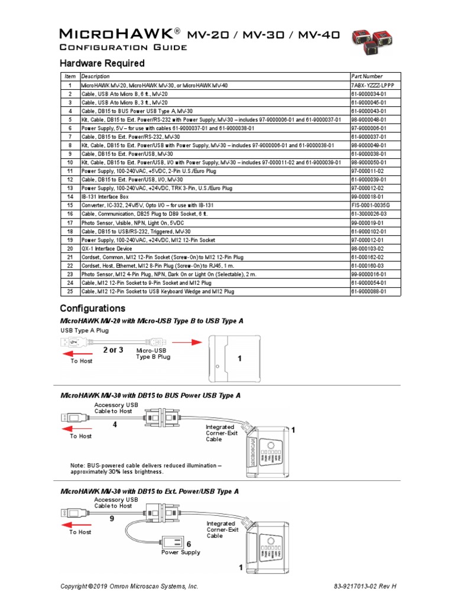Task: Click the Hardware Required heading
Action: click(102, 63)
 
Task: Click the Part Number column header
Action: click(367, 77)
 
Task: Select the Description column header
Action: click(95, 77)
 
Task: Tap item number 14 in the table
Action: click(70, 197)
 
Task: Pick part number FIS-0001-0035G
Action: click(371, 205)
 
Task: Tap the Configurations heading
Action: click(93, 308)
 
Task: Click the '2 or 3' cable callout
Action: click(113, 350)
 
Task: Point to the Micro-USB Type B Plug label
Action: click(153, 353)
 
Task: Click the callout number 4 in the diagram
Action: click(124, 424)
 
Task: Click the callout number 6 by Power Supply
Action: click(189, 544)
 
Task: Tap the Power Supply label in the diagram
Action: click(181, 552)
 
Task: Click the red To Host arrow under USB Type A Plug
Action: click(77, 353)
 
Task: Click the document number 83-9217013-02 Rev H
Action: click(364, 586)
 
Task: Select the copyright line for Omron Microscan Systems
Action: click(129, 586)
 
